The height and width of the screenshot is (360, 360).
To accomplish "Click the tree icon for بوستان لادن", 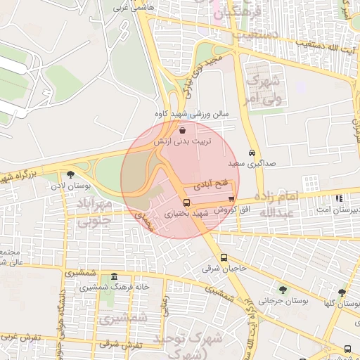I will point(70,174).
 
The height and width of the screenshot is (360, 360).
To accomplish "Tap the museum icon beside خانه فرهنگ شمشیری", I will point(115,276).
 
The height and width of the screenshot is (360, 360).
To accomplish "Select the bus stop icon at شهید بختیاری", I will point(186,202).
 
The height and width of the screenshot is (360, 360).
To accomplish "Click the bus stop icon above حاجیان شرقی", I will point(224,257).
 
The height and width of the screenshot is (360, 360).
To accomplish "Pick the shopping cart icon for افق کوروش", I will point(231,200).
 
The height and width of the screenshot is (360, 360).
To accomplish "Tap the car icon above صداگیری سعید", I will point(252,153).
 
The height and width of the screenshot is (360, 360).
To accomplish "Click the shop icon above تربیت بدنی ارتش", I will point(183,130).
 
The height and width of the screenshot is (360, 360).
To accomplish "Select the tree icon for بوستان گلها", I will point(342,292).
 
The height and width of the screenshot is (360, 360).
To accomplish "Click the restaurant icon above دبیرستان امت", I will point(340,199).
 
